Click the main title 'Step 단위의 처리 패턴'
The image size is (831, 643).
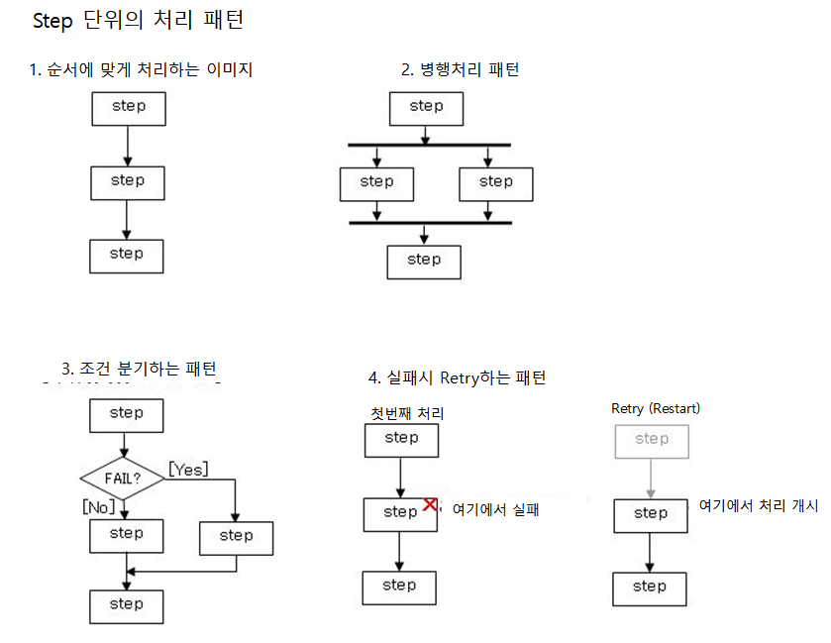139,20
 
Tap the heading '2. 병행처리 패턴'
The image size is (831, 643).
460,69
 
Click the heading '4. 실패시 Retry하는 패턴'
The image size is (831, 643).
457,377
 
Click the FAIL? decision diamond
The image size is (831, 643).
123,478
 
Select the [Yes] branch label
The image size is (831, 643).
188,469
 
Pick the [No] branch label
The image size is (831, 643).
99,506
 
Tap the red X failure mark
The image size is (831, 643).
430,504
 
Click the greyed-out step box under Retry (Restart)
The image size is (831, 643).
651,440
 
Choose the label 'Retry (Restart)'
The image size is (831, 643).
656,408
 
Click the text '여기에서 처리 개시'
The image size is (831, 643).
759,505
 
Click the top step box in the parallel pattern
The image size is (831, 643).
426,107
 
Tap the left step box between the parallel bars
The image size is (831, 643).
376,182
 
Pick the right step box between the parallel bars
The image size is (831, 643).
495,182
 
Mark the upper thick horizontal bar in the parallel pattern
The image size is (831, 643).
430,145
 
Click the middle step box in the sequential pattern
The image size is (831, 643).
127,181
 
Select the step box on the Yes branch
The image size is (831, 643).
236,536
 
